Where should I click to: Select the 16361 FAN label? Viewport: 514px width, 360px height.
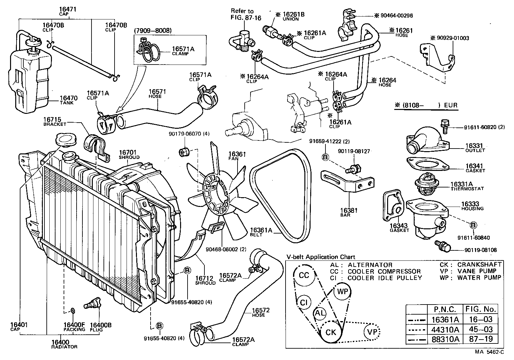[x=237, y=156]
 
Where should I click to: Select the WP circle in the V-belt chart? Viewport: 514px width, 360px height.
[x=342, y=291]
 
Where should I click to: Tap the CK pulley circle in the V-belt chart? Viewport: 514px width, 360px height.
[x=331, y=332]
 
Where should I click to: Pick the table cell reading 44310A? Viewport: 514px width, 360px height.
[x=445, y=330]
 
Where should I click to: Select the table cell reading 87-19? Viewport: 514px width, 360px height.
[x=481, y=339]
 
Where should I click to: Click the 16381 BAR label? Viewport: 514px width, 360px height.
[x=349, y=212]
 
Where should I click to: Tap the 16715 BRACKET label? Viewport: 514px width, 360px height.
[x=55, y=122]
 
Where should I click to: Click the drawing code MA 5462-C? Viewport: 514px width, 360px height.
[x=489, y=352]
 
